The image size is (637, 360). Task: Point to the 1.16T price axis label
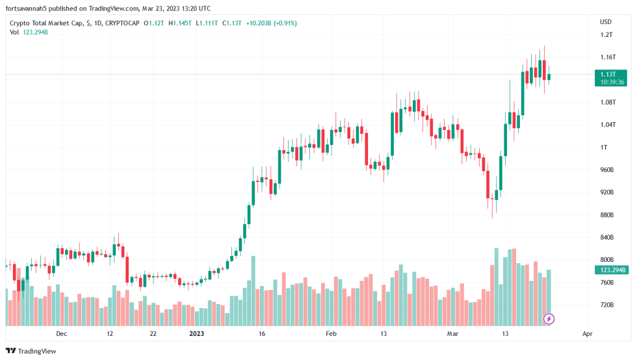click(x=608, y=57)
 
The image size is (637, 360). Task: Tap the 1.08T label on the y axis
click(x=608, y=102)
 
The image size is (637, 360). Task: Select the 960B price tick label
click(x=607, y=170)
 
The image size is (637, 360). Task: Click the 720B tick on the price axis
click(x=607, y=305)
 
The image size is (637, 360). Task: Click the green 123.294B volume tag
click(x=613, y=270)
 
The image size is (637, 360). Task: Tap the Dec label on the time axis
click(x=61, y=333)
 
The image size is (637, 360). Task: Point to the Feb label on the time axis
click(x=331, y=333)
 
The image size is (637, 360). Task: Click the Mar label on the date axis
click(x=453, y=333)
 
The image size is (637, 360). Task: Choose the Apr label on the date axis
click(x=588, y=333)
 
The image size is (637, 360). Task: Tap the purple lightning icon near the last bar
click(x=549, y=318)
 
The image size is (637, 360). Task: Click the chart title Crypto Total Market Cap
click(x=45, y=23)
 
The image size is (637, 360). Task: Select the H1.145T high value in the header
click(x=180, y=23)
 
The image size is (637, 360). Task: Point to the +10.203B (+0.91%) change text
click(x=271, y=23)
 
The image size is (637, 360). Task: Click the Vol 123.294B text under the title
click(x=29, y=32)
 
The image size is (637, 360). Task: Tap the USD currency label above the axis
click(x=605, y=21)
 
